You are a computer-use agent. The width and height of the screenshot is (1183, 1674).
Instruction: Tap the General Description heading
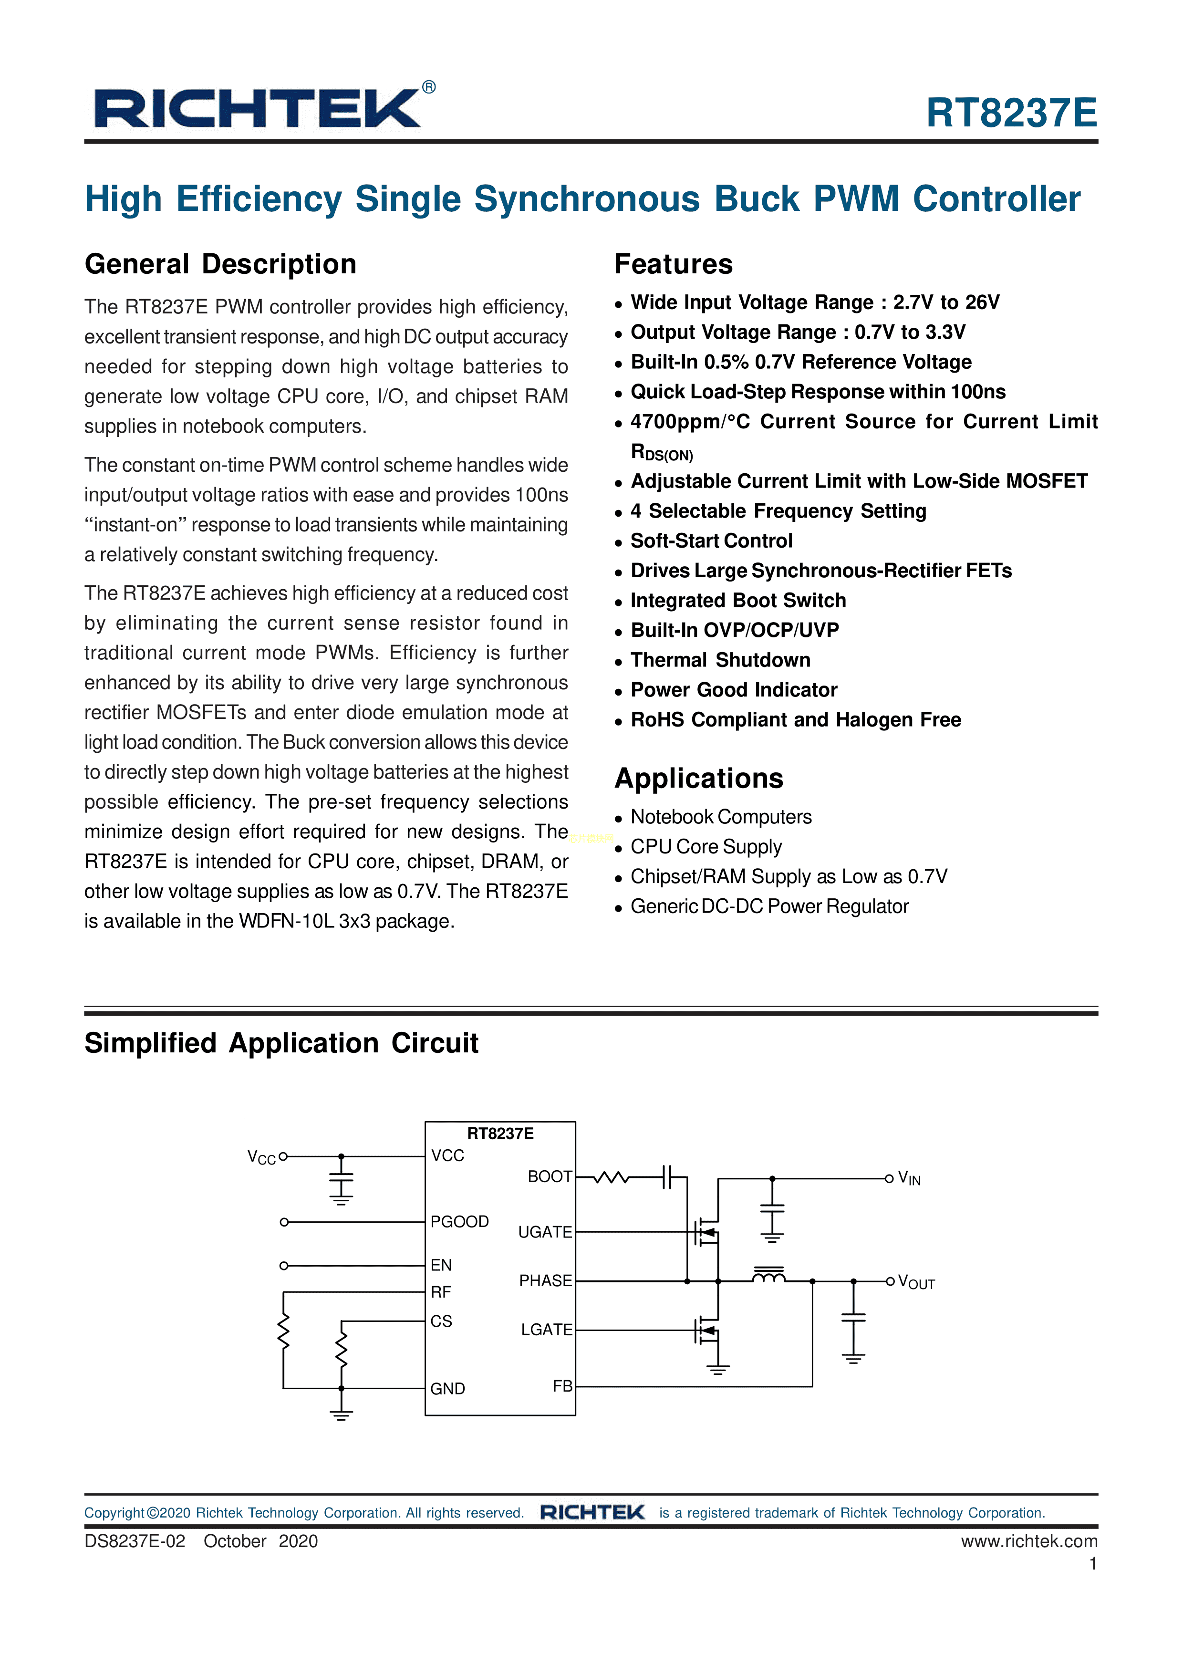coord(220,264)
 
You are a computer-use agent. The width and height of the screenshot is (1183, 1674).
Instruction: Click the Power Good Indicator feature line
coord(733,690)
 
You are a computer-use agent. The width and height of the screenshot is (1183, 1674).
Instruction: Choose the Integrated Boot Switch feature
coord(737,600)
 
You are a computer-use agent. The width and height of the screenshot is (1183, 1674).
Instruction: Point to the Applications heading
coord(698,779)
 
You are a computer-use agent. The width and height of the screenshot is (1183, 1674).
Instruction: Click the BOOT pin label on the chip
coord(550,1177)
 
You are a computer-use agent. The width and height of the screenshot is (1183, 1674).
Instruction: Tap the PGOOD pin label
coord(459,1221)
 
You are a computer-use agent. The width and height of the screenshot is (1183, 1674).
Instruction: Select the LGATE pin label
coord(546,1330)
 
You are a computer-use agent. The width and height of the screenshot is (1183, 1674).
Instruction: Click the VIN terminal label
coord(909,1178)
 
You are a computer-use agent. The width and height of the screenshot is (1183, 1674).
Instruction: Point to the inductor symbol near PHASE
coord(768,1275)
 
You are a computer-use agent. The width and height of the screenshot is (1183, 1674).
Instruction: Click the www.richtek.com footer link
coord(1028,1541)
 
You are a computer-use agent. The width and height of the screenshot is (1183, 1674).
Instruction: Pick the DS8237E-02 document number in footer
coord(135,1541)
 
